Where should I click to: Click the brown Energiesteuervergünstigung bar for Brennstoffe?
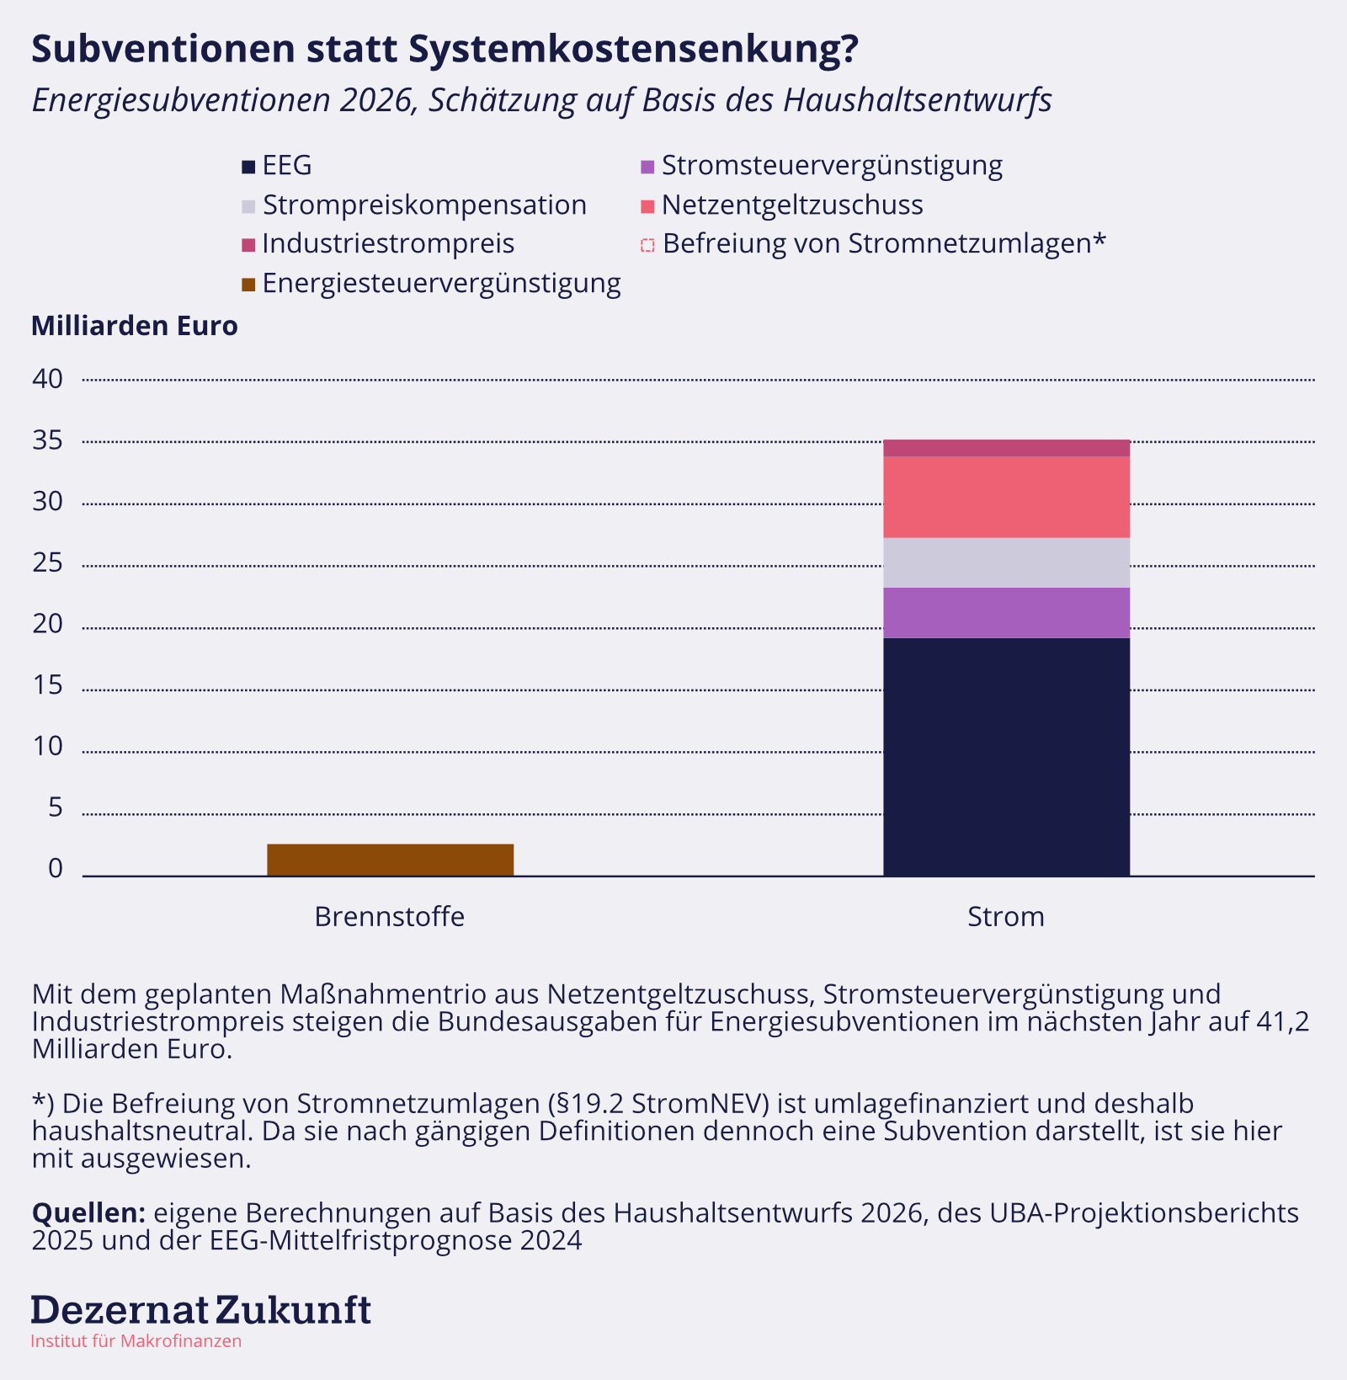click(x=391, y=860)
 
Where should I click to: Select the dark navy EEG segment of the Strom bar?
click(x=1006, y=757)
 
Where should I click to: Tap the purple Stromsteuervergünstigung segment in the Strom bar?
click(x=1006, y=613)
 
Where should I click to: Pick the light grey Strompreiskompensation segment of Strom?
click(x=1006, y=562)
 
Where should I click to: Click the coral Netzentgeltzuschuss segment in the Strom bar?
click(x=1006, y=497)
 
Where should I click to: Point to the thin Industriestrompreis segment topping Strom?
click(x=1006, y=448)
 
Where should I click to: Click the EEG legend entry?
click(x=277, y=166)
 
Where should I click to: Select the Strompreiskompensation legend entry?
click(x=414, y=205)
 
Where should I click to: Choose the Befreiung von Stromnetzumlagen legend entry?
click(x=873, y=244)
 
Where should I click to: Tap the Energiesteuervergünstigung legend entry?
click(x=431, y=284)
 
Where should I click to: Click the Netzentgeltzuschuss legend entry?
click(x=782, y=205)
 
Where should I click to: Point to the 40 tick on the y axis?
click(x=48, y=379)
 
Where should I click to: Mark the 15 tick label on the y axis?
click(x=48, y=685)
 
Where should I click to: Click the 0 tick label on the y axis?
click(x=56, y=869)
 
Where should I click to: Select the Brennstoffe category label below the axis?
click(x=390, y=916)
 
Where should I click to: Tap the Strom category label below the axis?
click(x=1006, y=916)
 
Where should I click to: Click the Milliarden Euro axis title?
click(x=135, y=326)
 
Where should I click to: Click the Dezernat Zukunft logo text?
click(x=201, y=1310)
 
